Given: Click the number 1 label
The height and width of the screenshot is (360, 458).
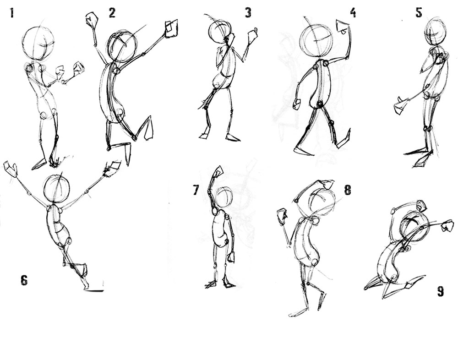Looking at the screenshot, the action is click(x=12, y=13).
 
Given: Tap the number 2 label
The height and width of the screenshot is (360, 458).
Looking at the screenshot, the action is click(x=112, y=13).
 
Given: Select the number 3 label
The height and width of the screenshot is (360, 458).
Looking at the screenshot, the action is click(x=248, y=12).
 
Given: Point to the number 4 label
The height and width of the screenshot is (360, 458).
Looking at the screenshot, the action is click(x=353, y=12).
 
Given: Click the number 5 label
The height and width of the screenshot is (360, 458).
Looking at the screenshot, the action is click(x=419, y=12).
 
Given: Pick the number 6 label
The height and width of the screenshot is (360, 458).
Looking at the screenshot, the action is click(x=24, y=280).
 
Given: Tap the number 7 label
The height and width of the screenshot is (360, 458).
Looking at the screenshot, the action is click(x=196, y=190).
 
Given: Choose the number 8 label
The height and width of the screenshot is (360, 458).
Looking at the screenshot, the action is click(x=347, y=190).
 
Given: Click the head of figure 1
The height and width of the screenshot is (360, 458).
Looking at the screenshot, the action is click(x=38, y=43).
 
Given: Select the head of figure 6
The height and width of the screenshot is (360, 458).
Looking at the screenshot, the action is click(x=57, y=189).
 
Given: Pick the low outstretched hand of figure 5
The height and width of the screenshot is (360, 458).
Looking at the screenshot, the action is click(x=401, y=105).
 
